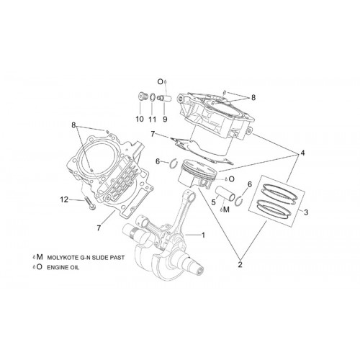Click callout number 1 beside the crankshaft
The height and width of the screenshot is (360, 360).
coord(203,235)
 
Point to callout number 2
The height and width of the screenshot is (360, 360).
coord(240,264)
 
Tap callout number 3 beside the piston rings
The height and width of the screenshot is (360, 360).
coord(306,212)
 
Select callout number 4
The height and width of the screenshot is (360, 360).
coord(302,153)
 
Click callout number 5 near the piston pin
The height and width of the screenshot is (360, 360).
coord(213,202)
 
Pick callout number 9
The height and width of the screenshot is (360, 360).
coord(165,119)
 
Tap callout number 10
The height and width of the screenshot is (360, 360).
coord(140,119)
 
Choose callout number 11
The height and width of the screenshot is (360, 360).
coord(153,119)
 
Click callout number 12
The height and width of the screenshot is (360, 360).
coord(64,199)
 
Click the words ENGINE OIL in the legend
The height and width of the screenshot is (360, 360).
coord(63,267)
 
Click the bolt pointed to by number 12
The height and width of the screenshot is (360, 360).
coord(89,203)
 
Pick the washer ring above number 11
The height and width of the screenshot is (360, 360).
coord(152,98)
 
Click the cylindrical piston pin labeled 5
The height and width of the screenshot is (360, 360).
coord(225,194)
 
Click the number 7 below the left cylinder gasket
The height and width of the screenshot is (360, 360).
coord(99,228)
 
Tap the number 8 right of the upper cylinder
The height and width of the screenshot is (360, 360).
coord(253,98)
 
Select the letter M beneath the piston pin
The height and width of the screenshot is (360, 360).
coord(226,210)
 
